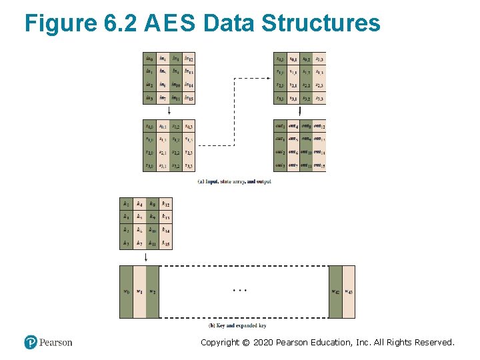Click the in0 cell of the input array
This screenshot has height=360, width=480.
click(x=149, y=58)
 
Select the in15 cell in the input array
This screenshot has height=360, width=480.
click(x=189, y=98)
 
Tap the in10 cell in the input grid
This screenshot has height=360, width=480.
click(x=175, y=85)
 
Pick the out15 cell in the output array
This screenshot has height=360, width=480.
click(x=319, y=165)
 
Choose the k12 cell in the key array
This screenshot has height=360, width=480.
click(x=165, y=204)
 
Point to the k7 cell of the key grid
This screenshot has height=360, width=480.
click(x=139, y=243)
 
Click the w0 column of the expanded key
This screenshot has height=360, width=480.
click(x=126, y=291)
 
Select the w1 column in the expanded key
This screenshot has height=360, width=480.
click(x=139, y=291)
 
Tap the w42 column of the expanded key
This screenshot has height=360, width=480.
click(x=335, y=291)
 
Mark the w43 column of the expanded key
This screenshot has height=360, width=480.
click(x=349, y=291)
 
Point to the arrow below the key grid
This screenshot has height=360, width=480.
click(x=146, y=257)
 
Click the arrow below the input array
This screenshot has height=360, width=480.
click(x=169, y=111)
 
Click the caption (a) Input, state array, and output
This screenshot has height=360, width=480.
click(x=235, y=181)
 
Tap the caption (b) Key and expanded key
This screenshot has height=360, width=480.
click(x=238, y=325)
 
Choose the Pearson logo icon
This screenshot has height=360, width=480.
click(x=31, y=342)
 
